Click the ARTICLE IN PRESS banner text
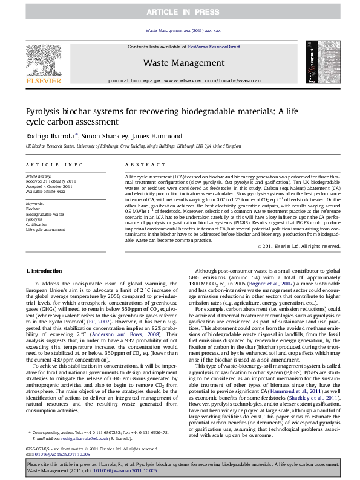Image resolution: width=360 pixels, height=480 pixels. (x=179, y=11)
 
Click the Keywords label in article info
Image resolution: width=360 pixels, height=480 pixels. (x=36, y=204)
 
